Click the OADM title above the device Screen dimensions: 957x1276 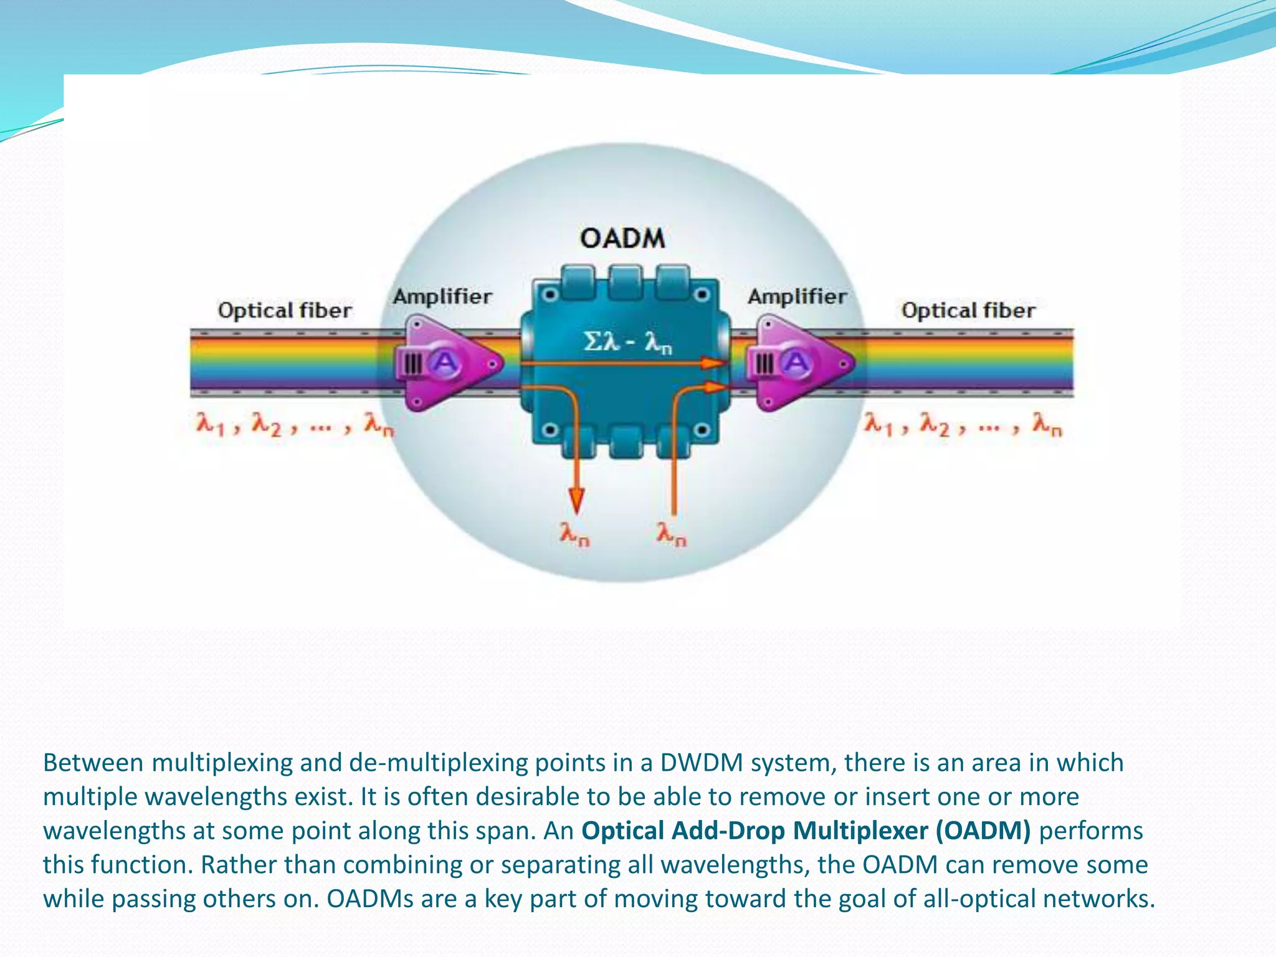(622, 239)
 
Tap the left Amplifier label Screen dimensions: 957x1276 (442, 297)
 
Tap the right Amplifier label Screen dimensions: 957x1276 (797, 297)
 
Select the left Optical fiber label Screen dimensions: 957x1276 (285, 310)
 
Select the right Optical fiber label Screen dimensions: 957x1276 (968, 310)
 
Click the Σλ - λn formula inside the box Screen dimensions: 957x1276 (627, 342)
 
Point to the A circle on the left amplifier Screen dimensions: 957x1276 (444, 362)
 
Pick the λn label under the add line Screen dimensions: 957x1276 (671, 535)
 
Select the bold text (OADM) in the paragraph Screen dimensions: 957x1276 (983, 831)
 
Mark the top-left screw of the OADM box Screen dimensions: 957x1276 (549, 294)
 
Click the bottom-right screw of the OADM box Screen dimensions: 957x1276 (702, 430)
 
